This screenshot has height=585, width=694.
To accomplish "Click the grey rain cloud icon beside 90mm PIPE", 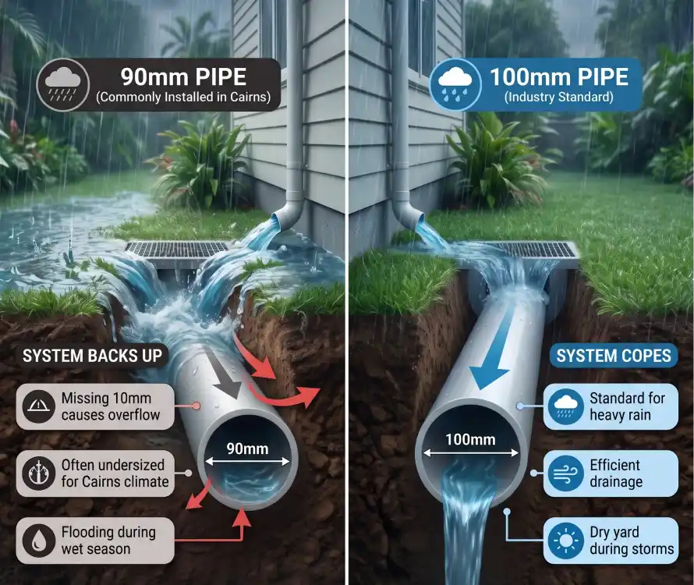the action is pyautogui.click(x=63, y=84).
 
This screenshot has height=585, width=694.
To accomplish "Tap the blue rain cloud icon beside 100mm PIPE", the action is pyautogui.click(x=455, y=84).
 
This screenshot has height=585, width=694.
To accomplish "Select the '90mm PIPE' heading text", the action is pyautogui.click(x=183, y=77).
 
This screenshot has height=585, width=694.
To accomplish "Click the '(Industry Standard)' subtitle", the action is pyautogui.click(x=559, y=97).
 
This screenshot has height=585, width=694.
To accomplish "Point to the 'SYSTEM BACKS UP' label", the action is pyautogui.click(x=93, y=356).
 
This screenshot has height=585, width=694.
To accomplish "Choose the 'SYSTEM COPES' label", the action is pyautogui.click(x=614, y=356).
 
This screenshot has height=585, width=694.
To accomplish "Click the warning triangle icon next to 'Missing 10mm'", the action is pyautogui.click(x=38, y=406).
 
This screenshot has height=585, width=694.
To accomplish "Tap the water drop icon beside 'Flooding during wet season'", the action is pyautogui.click(x=38, y=541).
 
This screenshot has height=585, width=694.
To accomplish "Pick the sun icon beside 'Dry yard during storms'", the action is pyautogui.click(x=565, y=541).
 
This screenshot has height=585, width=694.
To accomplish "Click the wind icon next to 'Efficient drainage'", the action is pyautogui.click(x=565, y=473).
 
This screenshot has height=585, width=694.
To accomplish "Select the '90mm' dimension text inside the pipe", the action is pyautogui.click(x=247, y=448).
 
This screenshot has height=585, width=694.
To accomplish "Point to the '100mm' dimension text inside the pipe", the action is pyautogui.click(x=470, y=439).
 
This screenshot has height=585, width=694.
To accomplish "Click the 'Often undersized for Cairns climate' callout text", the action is pyautogui.click(x=115, y=473).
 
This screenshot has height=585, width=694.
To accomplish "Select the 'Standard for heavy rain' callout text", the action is pyautogui.click(x=627, y=406).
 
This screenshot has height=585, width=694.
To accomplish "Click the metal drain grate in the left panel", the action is pyautogui.click(x=177, y=250).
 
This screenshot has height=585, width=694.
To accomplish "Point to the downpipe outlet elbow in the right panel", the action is pyautogui.click(x=405, y=211).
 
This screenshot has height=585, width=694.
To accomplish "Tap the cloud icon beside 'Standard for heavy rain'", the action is pyautogui.click(x=565, y=406).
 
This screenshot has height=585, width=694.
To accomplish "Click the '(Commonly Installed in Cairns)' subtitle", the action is pyautogui.click(x=183, y=97).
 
